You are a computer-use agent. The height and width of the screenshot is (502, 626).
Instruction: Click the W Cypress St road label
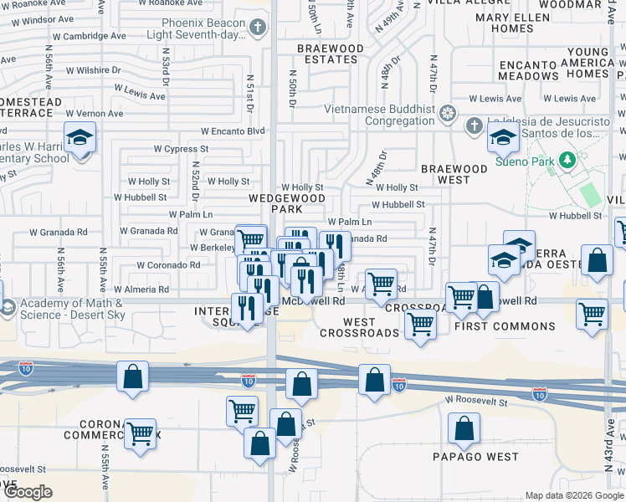(x=180, y=149)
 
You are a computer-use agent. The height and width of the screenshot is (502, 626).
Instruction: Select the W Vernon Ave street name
(x=95, y=114)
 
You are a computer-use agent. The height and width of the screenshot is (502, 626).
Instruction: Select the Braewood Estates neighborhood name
(x=331, y=54)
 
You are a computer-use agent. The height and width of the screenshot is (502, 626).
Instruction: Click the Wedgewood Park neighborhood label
(x=286, y=203)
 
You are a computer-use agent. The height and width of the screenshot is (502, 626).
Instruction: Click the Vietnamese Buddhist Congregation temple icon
(x=448, y=113)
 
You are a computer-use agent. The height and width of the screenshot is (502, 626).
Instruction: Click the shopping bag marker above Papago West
(x=464, y=429)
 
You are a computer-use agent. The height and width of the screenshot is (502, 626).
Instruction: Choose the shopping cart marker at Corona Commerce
(x=141, y=433)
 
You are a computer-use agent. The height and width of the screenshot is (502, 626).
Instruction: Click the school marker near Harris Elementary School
(x=80, y=137)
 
